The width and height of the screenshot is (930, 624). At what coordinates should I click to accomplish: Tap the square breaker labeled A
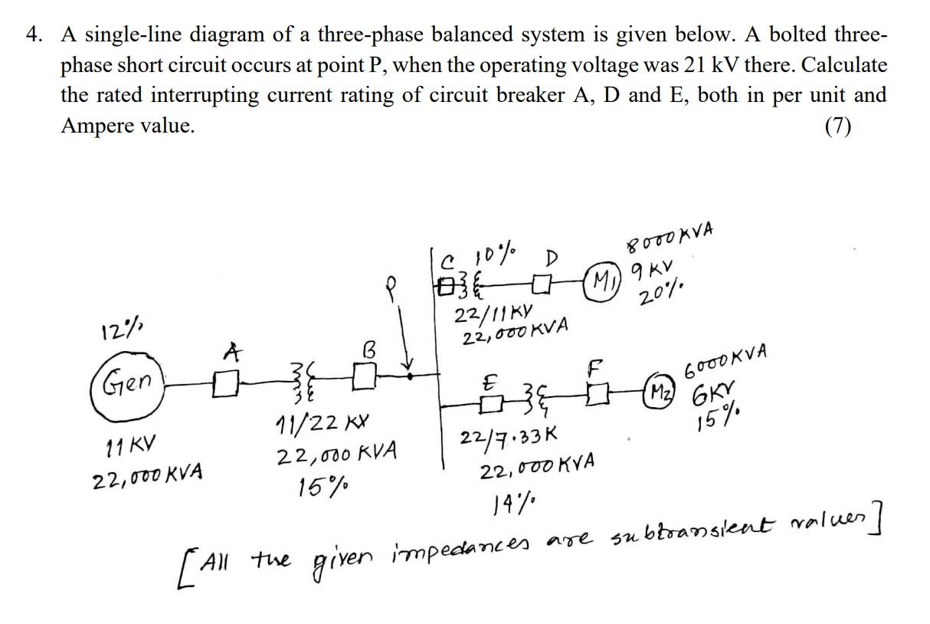224,381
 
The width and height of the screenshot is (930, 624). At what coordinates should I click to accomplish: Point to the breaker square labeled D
545,281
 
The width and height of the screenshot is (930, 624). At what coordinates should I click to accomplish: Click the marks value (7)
838,126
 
